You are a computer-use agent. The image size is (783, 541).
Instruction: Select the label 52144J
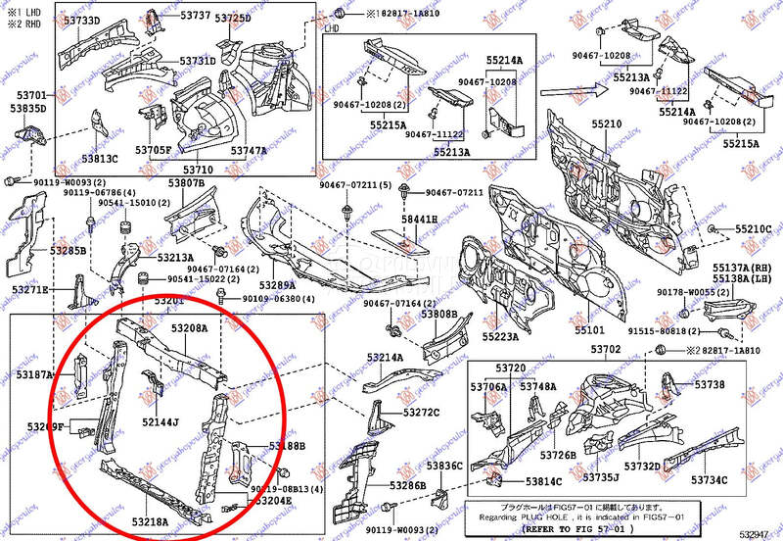tap(161, 422)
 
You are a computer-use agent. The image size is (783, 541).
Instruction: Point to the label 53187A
tap(34, 375)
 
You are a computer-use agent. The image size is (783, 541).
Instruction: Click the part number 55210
tap(606, 124)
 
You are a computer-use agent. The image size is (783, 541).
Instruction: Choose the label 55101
tap(589, 330)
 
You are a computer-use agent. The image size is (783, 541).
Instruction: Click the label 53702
tap(606, 350)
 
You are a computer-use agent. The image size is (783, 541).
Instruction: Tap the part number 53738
tap(710, 385)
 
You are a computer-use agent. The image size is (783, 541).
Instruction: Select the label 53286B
tap(407, 485)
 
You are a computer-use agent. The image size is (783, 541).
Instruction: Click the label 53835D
tap(29, 109)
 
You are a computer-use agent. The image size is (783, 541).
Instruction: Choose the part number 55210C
tap(754, 230)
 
